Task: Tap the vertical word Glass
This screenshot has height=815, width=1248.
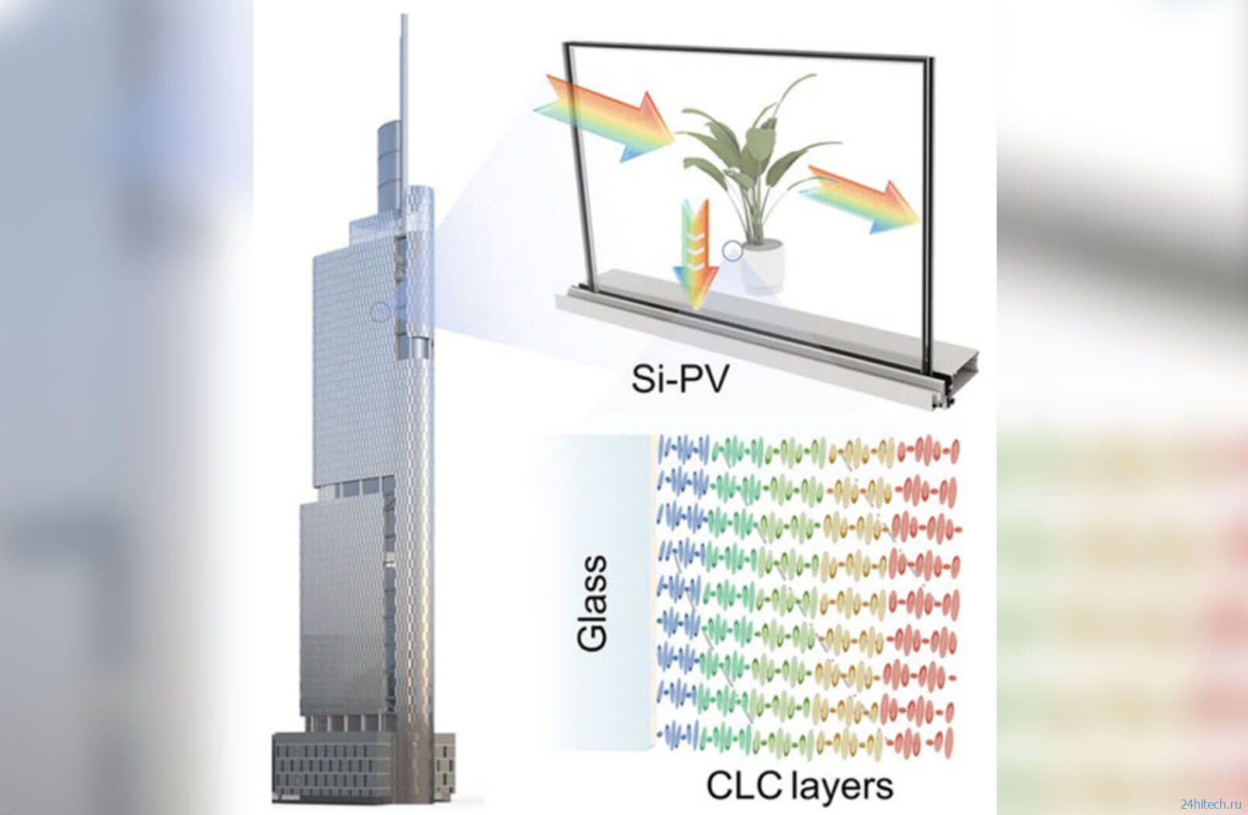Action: [x=593, y=603]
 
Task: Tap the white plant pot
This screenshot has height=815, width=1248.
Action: [x=763, y=264]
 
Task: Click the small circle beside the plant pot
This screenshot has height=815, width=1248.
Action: [x=732, y=250]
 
